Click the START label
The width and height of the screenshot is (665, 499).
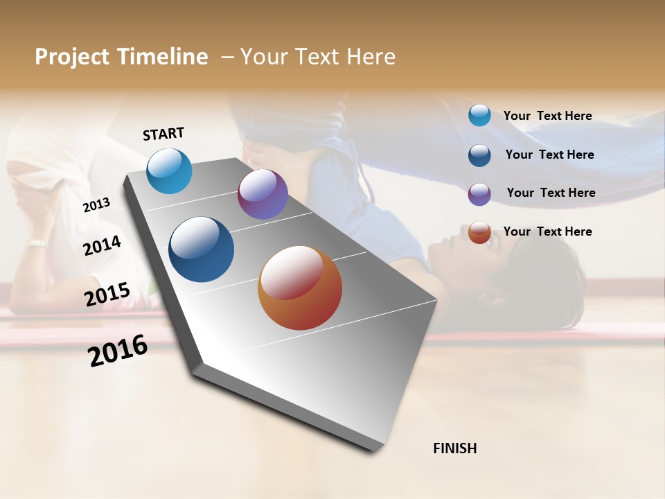(163, 134)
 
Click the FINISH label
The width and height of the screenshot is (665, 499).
(454, 448)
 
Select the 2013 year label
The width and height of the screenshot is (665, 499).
(96, 205)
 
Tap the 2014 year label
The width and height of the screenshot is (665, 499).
(102, 245)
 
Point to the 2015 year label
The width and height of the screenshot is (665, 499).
(107, 295)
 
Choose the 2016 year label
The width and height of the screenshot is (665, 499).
(118, 351)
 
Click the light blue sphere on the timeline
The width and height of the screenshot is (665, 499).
(169, 170)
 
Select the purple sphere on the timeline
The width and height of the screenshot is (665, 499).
(263, 194)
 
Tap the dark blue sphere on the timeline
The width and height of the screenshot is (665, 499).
(201, 249)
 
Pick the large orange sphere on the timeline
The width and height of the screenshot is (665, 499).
(300, 288)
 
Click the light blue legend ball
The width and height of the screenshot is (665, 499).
(479, 116)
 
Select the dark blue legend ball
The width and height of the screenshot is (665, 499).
(479, 155)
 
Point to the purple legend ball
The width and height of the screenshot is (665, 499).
(479, 193)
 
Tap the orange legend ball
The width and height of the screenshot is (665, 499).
(479, 232)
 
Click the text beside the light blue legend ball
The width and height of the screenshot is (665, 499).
(547, 116)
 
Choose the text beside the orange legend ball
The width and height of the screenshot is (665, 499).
(547, 231)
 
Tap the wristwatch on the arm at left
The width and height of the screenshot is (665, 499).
(37, 244)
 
